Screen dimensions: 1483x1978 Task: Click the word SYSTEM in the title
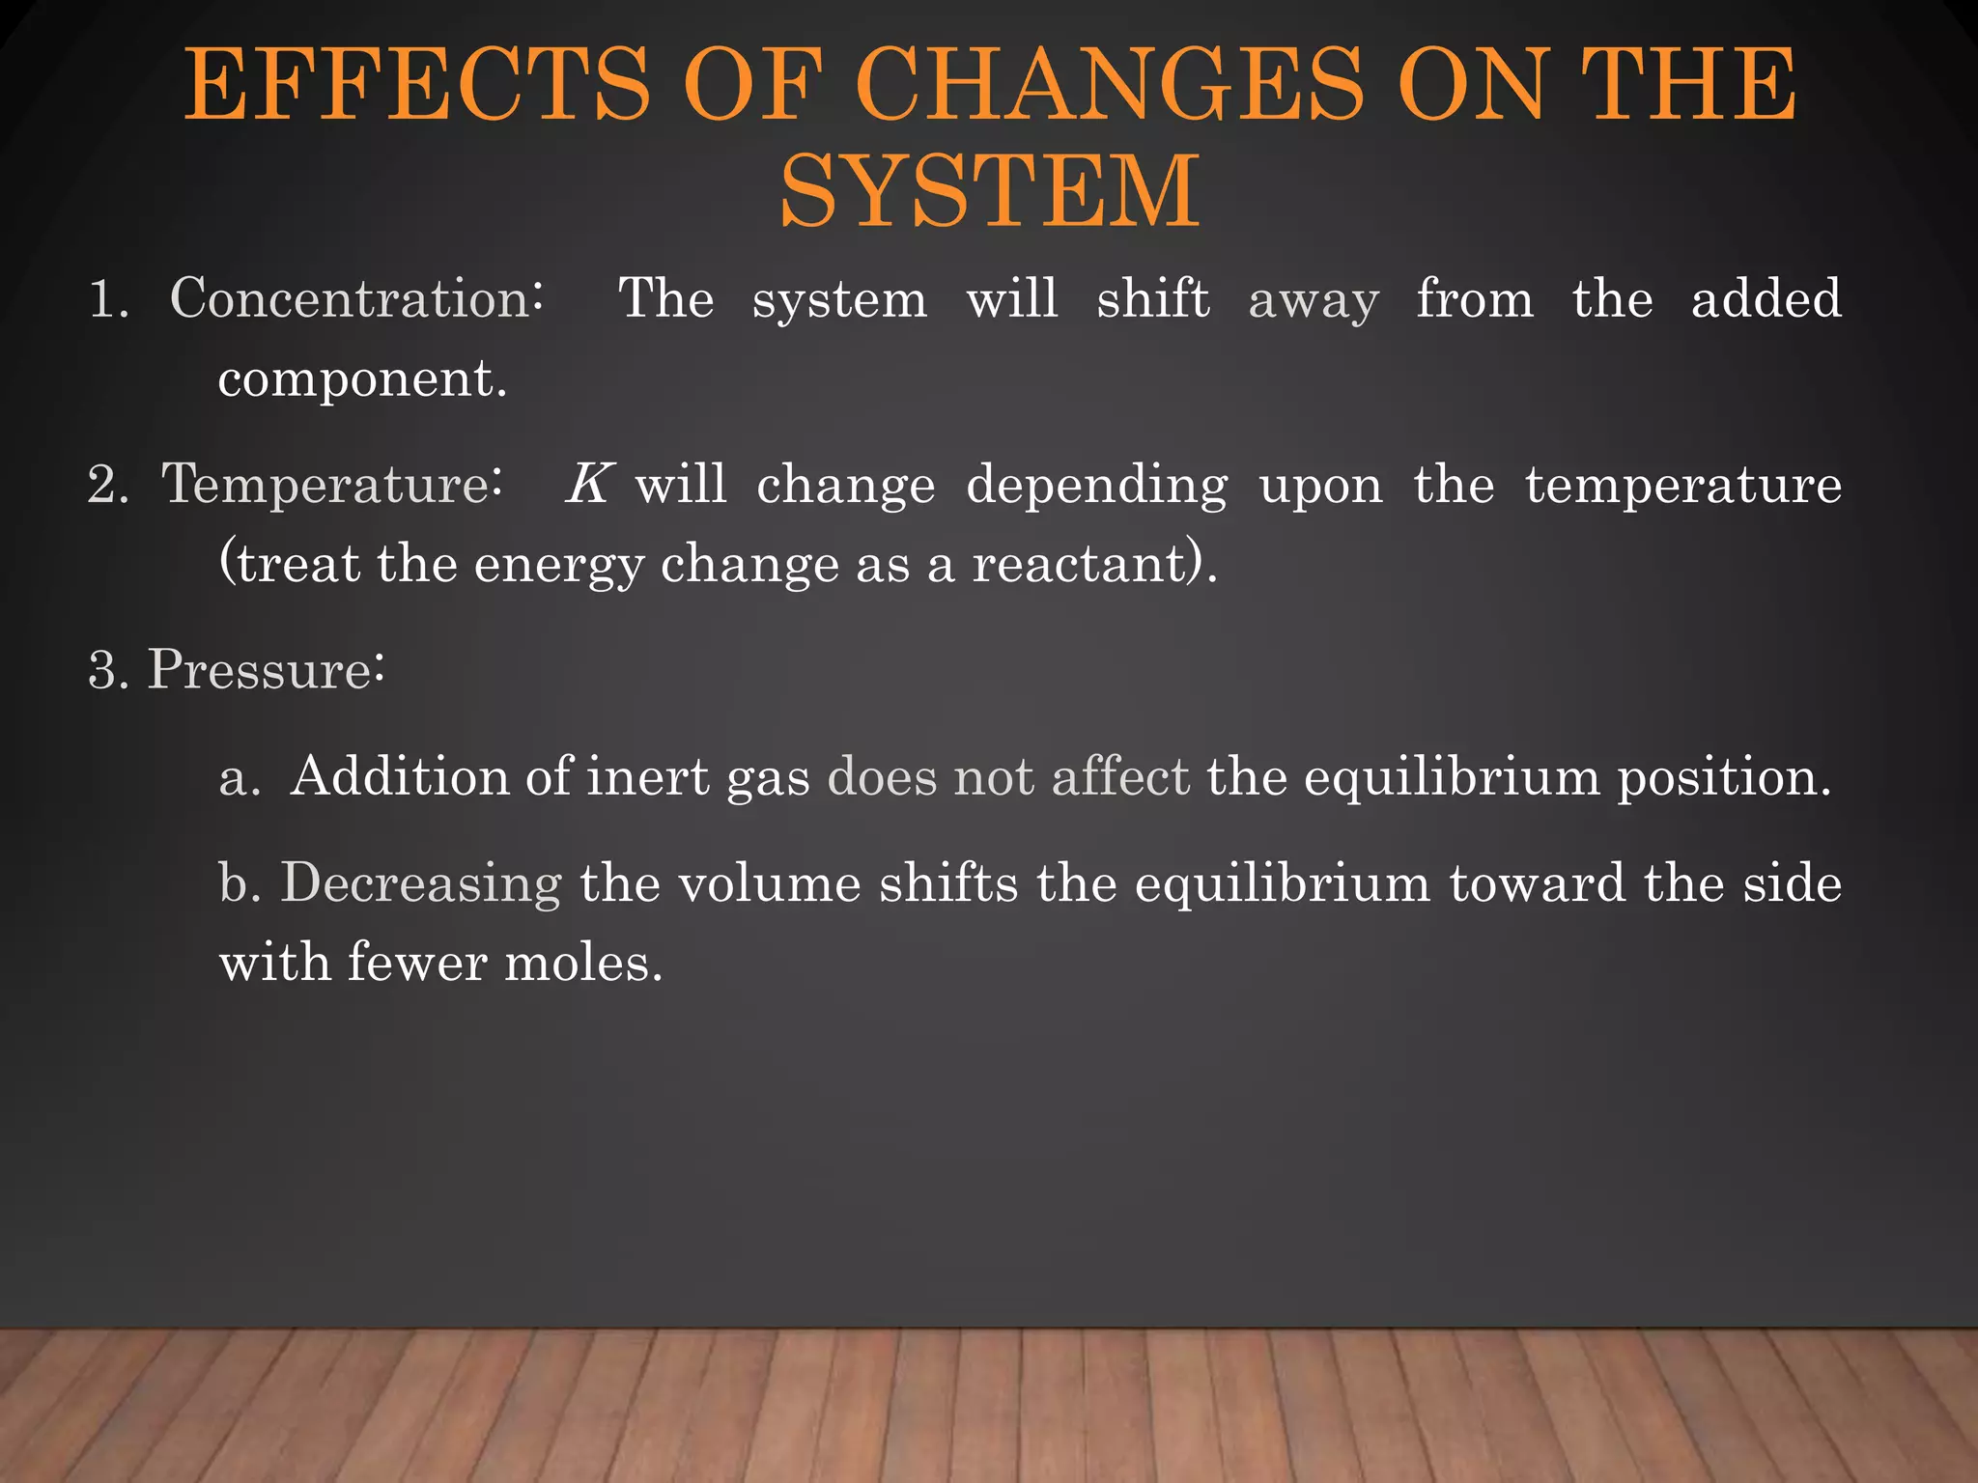[990, 191]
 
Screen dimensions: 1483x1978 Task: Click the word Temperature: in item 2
[331, 484]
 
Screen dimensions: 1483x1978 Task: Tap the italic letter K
[588, 484]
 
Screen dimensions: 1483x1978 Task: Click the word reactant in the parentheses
[1080, 564]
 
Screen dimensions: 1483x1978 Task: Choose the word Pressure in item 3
[260, 668]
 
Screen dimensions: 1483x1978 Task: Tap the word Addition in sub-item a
[400, 776]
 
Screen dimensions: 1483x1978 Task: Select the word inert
[648, 776]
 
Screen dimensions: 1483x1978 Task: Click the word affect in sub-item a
[1120, 776]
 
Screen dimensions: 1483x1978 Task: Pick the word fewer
[416, 963]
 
